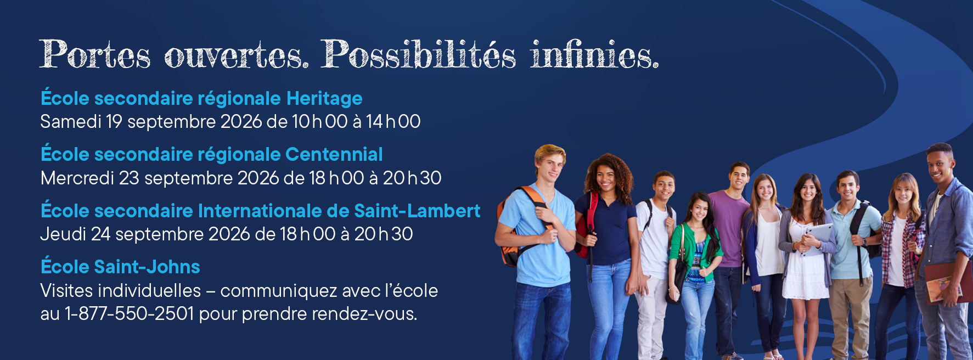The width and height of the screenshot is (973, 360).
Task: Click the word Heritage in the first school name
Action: [324, 99]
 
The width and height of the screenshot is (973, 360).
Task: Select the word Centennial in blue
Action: [334, 155]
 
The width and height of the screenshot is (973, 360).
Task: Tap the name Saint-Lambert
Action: [417, 211]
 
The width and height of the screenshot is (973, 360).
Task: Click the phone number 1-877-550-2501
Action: [130, 314]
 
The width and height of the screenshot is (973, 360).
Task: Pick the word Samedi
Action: [71, 121]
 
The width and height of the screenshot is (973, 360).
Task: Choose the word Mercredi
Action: [77, 178]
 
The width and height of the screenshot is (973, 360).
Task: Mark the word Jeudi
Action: [63, 234]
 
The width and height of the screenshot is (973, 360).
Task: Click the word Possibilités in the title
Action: [418, 55]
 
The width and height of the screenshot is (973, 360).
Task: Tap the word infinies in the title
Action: [594, 55]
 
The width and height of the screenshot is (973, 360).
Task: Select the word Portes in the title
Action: [95, 55]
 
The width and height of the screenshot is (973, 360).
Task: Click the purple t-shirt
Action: [728, 228]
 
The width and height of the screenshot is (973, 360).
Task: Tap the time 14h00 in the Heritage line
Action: [393, 121]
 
